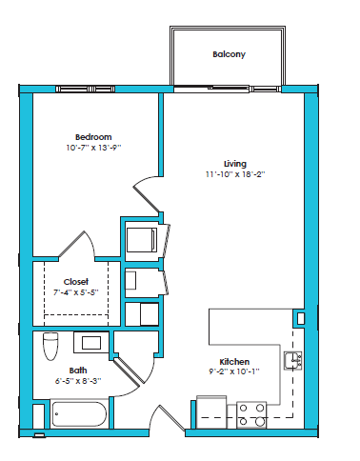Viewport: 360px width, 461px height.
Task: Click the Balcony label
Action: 229,54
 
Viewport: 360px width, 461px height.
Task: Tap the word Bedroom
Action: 94,137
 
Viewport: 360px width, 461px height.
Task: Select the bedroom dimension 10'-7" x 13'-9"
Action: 94,149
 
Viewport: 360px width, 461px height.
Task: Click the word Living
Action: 235,163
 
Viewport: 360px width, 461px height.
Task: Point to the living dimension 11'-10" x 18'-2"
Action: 235,174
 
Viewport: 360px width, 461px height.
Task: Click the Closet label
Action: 76,282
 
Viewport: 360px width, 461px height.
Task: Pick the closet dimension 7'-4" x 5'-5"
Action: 76,293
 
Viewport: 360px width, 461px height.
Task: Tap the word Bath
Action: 77,370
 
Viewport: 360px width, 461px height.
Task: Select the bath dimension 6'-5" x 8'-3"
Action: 77,381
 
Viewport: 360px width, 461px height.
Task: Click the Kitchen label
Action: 234,362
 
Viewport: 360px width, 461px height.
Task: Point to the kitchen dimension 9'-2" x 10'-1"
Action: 234,373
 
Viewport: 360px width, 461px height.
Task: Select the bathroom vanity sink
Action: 92,341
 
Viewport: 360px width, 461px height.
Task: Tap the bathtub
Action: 80,414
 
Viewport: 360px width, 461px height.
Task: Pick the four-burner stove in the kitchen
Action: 251,413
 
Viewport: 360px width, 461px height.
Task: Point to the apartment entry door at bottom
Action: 168,419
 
